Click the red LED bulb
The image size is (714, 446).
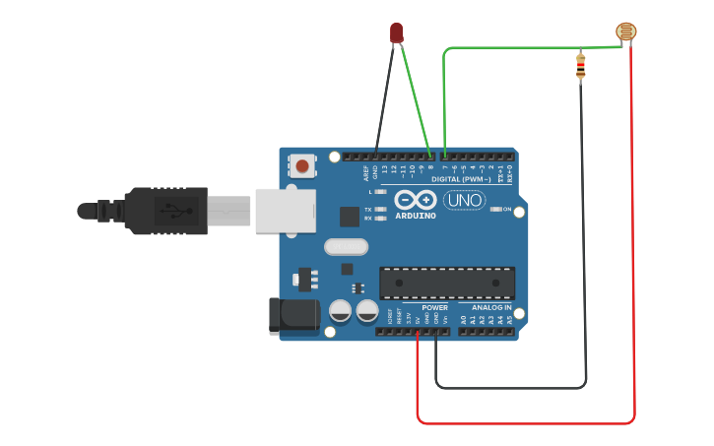click(x=396, y=32)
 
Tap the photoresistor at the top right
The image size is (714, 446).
click(x=625, y=32)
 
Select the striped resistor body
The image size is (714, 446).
click(x=580, y=67)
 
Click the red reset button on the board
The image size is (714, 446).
click(x=300, y=165)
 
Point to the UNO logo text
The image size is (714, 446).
click(x=464, y=201)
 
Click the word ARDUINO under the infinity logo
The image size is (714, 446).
click(x=416, y=216)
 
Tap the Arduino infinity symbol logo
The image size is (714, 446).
click(x=416, y=200)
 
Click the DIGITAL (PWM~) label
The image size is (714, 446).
click(x=463, y=179)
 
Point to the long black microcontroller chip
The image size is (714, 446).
click(x=447, y=284)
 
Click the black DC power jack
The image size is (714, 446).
click(x=292, y=315)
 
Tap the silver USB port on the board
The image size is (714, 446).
click(x=285, y=211)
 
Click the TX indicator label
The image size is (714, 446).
click(x=367, y=210)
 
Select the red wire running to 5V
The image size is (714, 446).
click(x=522, y=423)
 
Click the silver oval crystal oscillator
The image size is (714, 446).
click(x=346, y=246)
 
